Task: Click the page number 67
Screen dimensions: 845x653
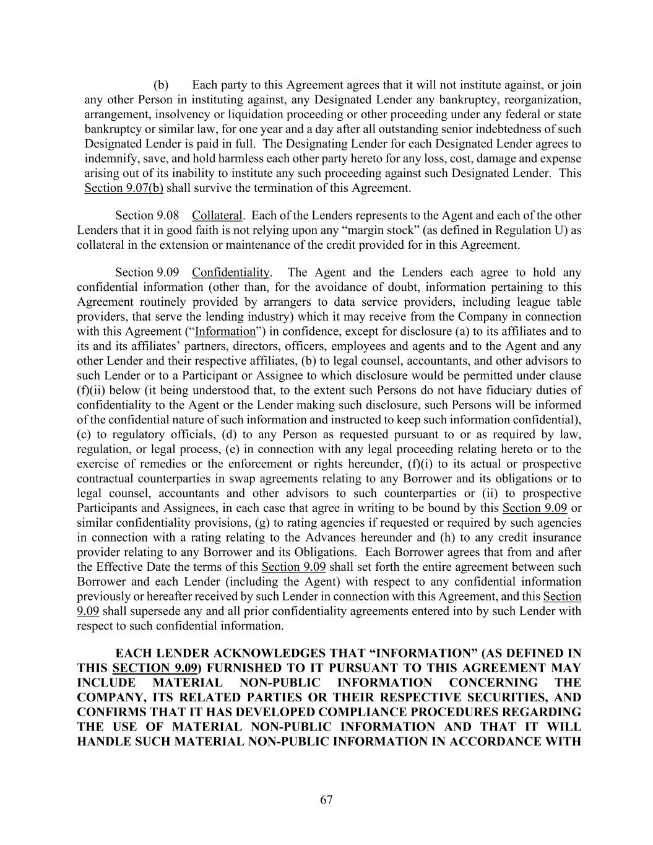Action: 326,800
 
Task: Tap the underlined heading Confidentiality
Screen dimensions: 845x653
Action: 231,272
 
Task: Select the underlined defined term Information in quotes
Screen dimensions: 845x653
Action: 225,331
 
